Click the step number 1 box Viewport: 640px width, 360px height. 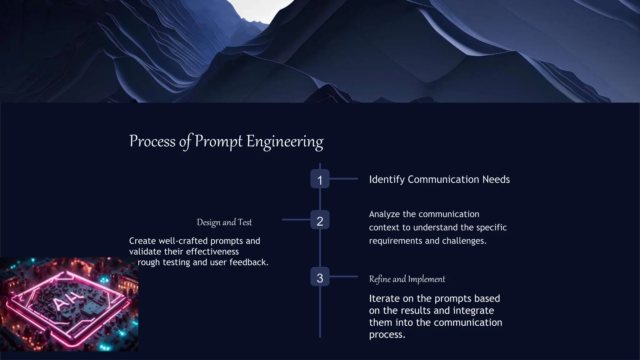tap(320, 179)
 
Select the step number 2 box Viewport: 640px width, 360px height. tap(320, 220)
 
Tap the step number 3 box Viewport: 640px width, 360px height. tap(320, 277)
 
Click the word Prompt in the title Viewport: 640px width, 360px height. tap(218, 141)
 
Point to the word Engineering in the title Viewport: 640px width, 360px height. tap(285, 141)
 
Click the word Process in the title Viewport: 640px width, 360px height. tap(152, 141)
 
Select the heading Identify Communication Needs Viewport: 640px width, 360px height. tap(439, 179)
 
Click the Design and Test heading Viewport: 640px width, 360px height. tap(224, 222)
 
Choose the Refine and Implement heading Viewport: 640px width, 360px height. tap(407, 279)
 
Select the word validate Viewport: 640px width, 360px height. tap(145, 252)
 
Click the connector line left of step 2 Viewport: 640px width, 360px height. tap(296, 220)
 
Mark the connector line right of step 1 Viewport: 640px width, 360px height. tap(343, 179)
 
